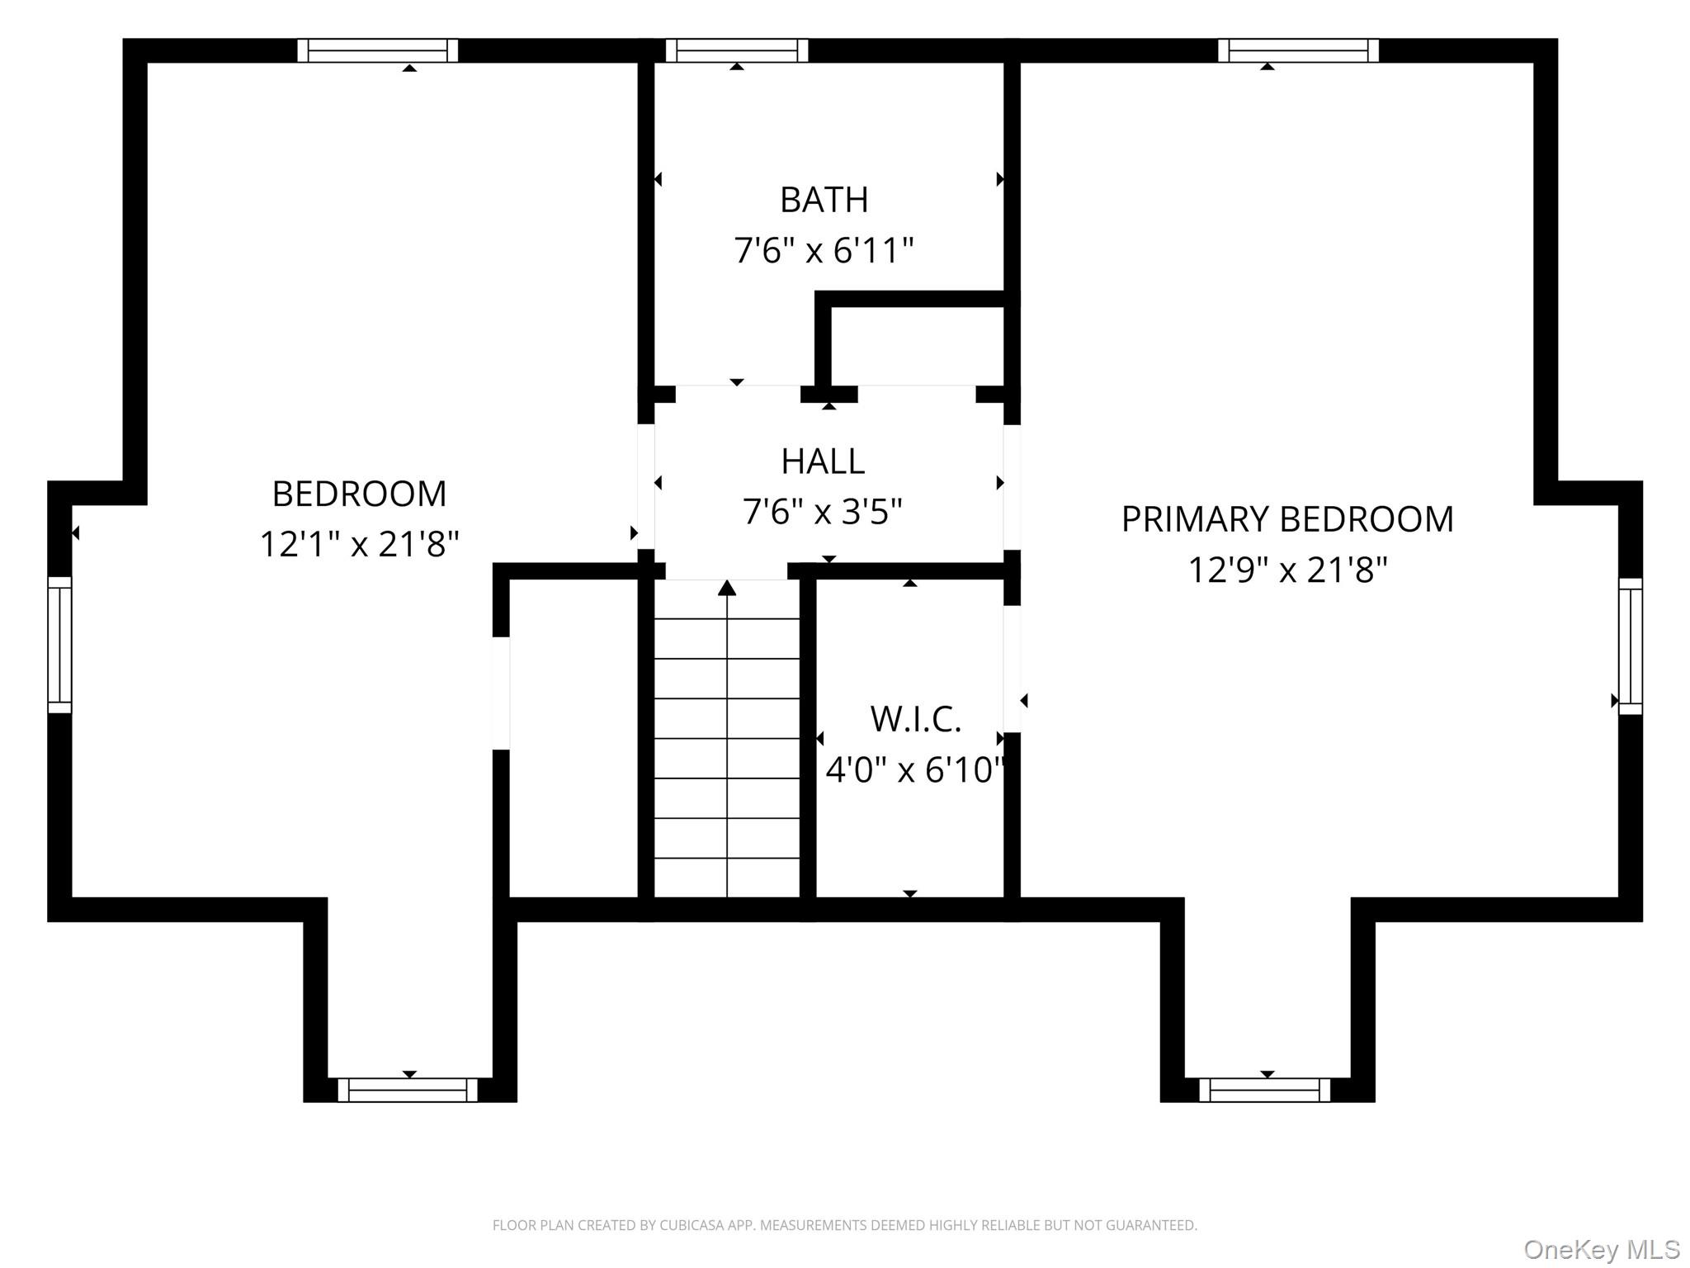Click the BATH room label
coord(824,200)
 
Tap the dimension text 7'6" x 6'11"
coord(824,250)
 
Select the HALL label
coord(823,461)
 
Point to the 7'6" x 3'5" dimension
coord(823,512)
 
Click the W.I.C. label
coord(916,719)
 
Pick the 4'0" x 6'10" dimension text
coord(915,770)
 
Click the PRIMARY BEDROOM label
coord(1287,519)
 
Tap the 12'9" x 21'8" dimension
coord(1287,570)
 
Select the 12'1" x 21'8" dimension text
coord(359,545)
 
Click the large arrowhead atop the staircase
coord(727,588)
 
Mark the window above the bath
coord(737,50)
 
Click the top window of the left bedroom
coord(378,50)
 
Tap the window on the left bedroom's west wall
coord(59,645)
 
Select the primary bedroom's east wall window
coord(1630,646)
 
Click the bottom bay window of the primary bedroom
coord(1264,1090)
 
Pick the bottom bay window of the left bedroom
coord(408,1090)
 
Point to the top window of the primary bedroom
coord(1298,50)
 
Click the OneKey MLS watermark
coord(1602,1250)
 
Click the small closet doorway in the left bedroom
coord(501,693)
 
